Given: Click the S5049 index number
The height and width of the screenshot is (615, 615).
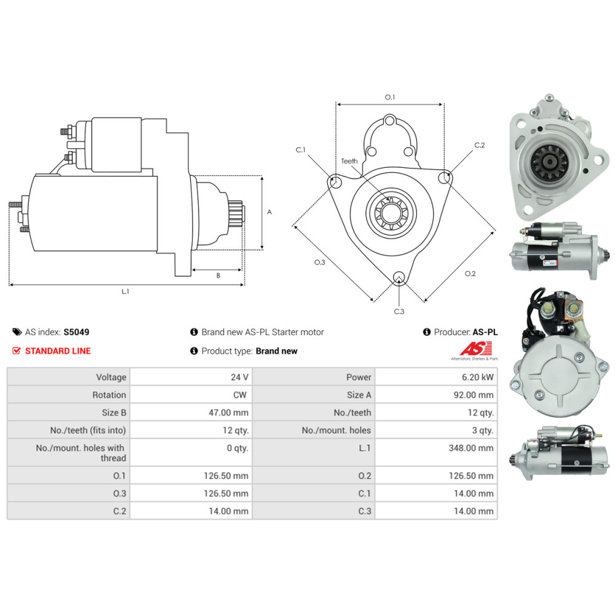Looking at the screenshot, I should click(76, 332).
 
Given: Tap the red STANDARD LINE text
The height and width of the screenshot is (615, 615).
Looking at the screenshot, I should click(57, 351).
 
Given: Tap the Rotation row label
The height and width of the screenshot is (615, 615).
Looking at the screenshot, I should click(109, 395).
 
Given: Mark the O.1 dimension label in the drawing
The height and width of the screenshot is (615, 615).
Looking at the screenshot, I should click(389, 97).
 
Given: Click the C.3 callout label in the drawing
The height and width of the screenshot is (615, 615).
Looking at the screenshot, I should click(399, 311).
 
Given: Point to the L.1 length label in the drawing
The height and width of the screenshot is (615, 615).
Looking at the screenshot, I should click(125, 292).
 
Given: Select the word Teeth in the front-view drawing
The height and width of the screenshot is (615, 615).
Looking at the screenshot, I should click(349, 161).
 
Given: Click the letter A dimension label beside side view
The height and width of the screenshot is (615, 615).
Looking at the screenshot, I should click(269, 212).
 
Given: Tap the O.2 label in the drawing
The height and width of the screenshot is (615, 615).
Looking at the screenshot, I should click(470, 274).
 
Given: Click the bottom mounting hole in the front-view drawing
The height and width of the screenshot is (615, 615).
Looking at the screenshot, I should click(399, 277).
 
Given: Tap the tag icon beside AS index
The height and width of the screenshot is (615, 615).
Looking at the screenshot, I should click(17, 332).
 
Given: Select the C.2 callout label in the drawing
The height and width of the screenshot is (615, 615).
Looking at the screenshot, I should click(480, 145).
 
